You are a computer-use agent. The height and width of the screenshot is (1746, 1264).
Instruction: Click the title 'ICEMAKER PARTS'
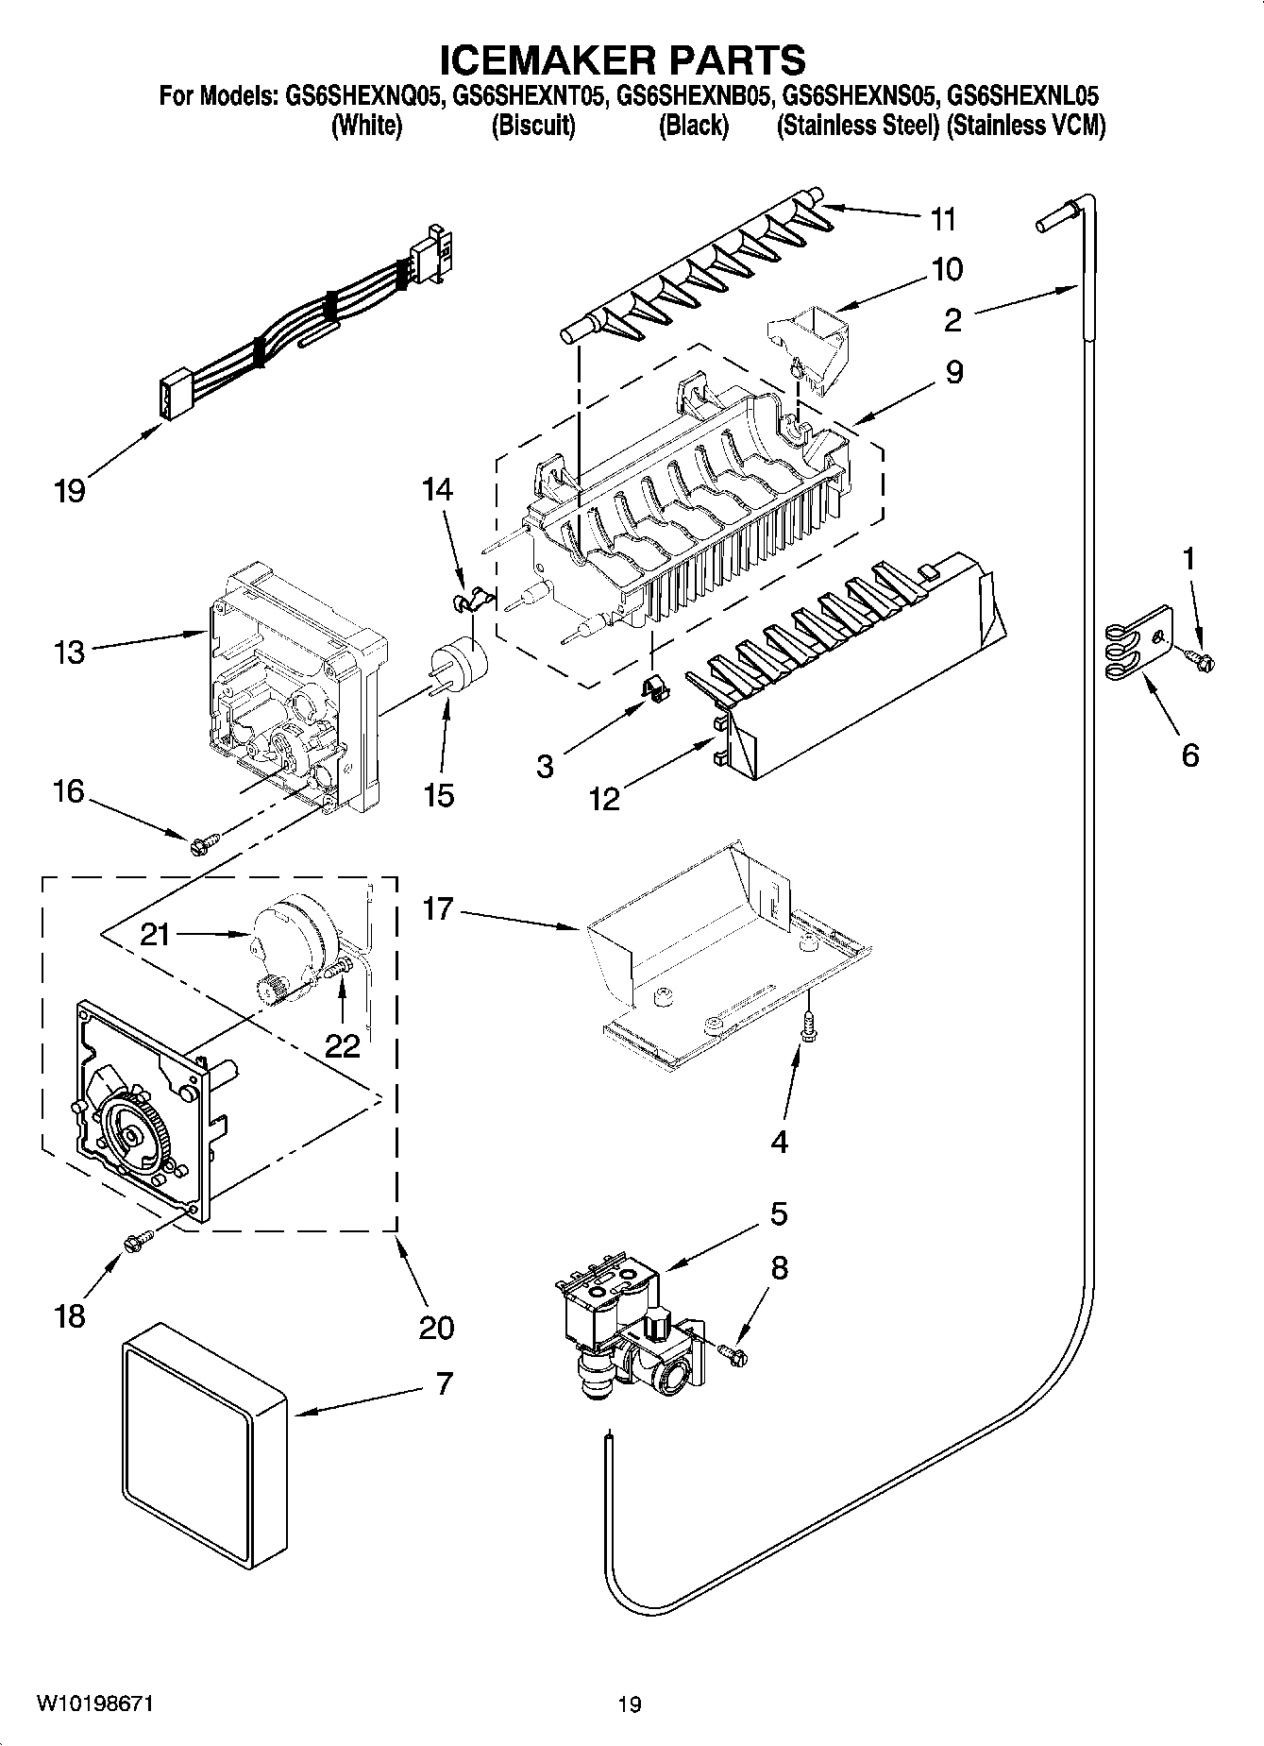click(x=623, y=59)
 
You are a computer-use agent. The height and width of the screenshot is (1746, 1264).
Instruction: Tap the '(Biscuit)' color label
click(x=533, y=126)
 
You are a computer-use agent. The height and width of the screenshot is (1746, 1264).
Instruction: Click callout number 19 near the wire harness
click(x=69, y=491)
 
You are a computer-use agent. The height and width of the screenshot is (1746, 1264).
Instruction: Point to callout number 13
click(x=69, y=652)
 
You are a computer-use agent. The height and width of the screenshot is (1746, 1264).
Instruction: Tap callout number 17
click(x=439, y=908)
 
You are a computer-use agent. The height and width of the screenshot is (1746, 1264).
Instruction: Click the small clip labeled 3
click(x=654, y=689)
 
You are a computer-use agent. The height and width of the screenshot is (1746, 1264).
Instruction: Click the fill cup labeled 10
click(x=810, y=345)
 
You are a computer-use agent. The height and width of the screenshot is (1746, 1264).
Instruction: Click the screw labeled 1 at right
click(x=1202, y=659)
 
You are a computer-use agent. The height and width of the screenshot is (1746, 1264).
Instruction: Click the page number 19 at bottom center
click(x=630, y=1704)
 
